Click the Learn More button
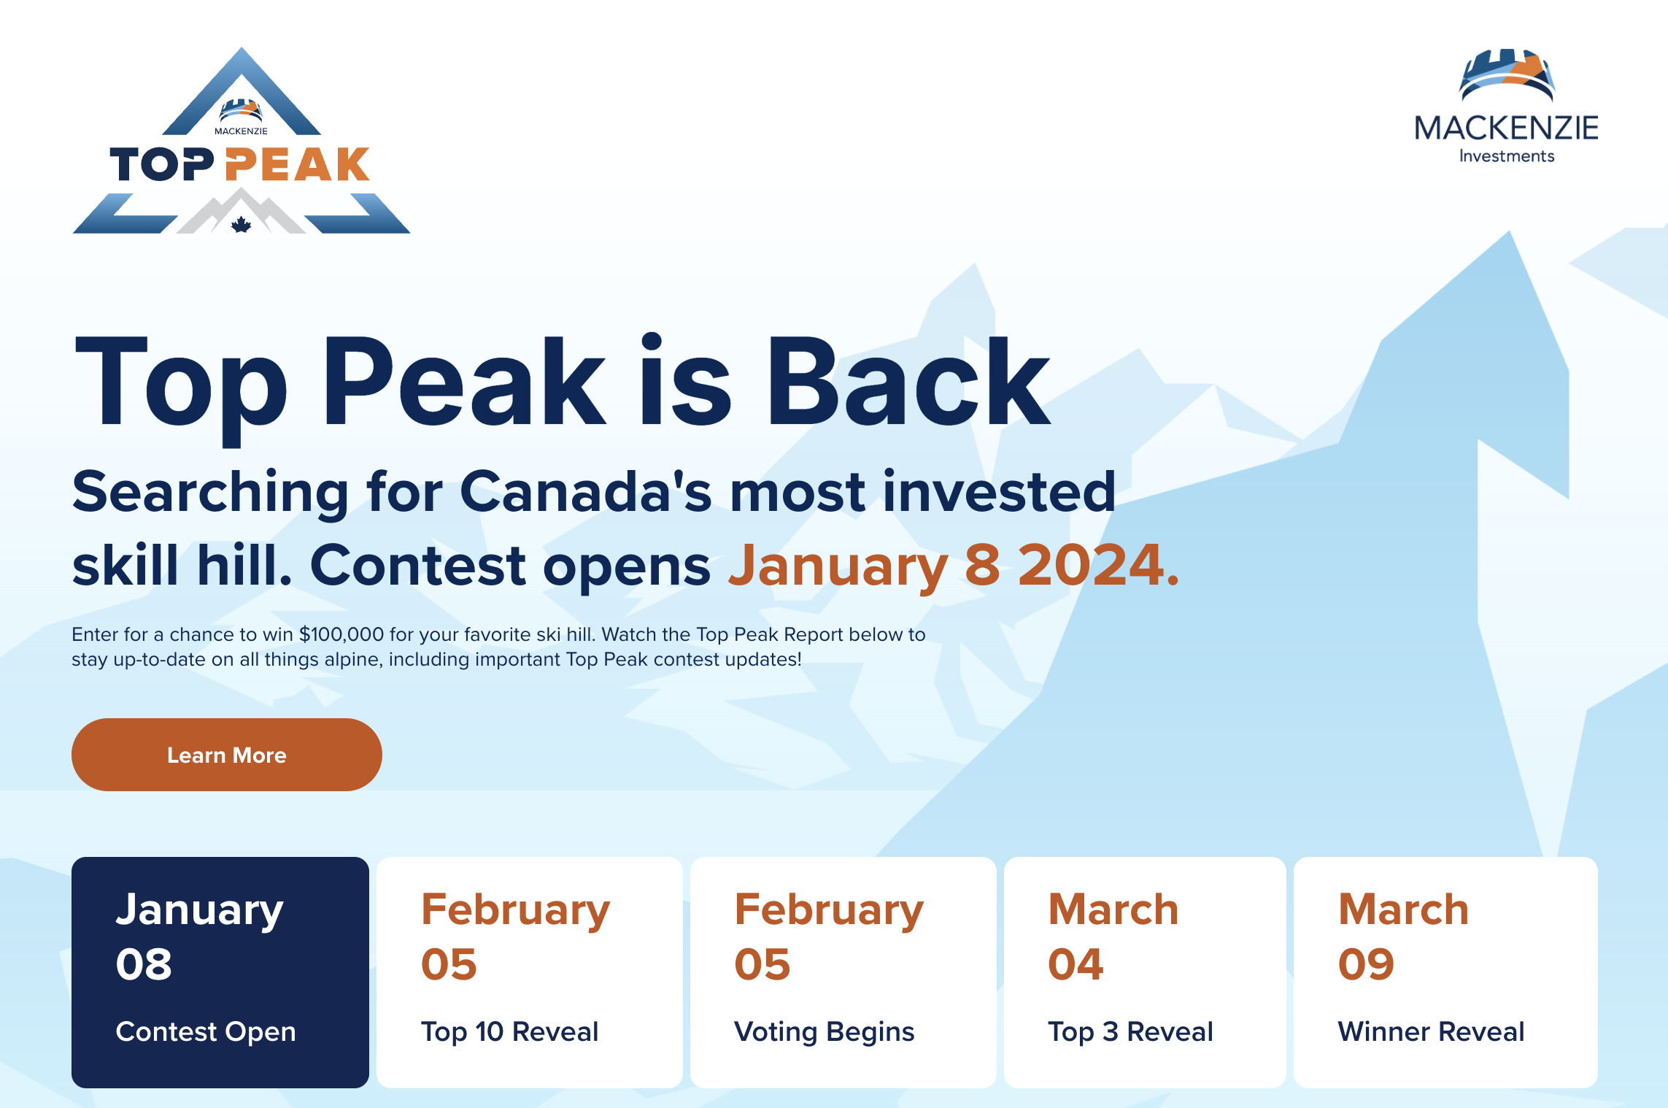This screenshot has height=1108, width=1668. coord(226,755)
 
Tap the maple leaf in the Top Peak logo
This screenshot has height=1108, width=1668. coord(241,224)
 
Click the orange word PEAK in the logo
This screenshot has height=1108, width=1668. coord(298,164)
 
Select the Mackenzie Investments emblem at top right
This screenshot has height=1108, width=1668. coord(1507,74)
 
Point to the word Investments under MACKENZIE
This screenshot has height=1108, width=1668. coord(1507,156)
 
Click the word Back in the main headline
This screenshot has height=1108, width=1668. coord(908,381)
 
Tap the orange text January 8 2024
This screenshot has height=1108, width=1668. coord(954,566)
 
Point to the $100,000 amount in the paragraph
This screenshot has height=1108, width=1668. coord(341,634)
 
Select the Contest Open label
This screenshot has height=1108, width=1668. coord(206,1031)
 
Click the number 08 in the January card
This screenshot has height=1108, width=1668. coord(144,964)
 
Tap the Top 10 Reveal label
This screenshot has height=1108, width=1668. coord(509,1031)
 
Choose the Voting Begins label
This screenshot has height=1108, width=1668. coord(824,1032)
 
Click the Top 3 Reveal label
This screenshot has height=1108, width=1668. coord(1130,1031)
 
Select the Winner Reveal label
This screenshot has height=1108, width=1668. coord(1431,1031)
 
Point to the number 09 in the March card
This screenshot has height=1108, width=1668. coord(1366,964)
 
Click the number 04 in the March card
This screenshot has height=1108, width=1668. coord(1076,964)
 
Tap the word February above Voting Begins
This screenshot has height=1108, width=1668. coord(829,911)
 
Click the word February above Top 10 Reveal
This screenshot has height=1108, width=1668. coord(515,911)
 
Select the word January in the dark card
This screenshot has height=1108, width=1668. coord(199,911)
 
